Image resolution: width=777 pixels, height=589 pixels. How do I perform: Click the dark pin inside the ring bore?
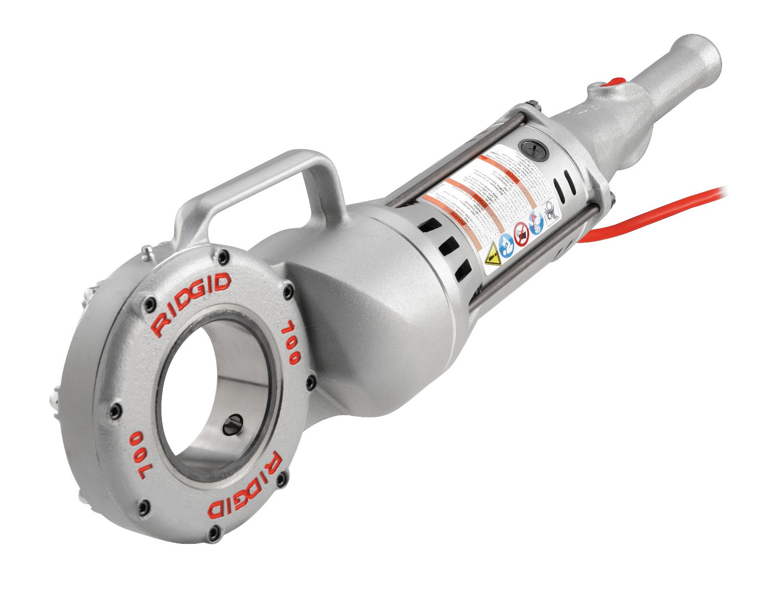point(231,424)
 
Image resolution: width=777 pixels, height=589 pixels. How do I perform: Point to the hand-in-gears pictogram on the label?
point(550,211)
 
